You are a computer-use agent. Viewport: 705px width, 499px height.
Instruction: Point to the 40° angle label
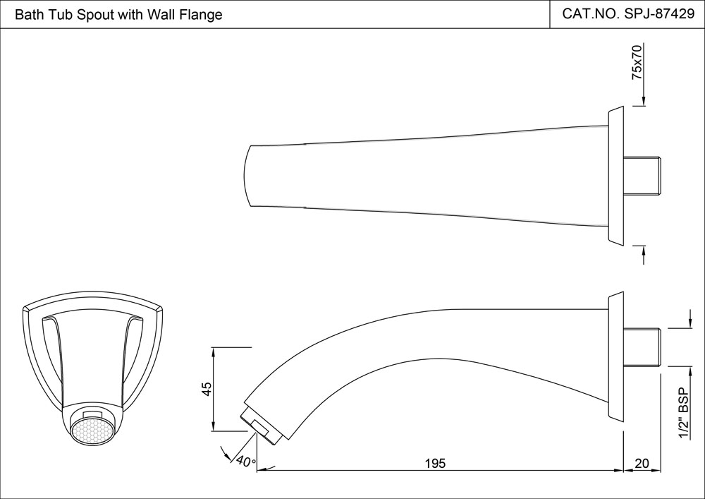(245, 462)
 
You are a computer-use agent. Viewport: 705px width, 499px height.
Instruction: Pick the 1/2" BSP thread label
(682, 414)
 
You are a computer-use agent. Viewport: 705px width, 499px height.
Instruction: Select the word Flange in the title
(202, 15)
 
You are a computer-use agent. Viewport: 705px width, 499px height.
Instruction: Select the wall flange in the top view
(615, 176)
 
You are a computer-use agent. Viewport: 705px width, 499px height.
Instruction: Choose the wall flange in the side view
(615, 357)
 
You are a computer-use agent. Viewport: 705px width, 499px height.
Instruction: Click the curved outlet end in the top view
(249, 176)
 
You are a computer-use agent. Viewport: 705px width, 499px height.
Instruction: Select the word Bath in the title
(27, 15)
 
